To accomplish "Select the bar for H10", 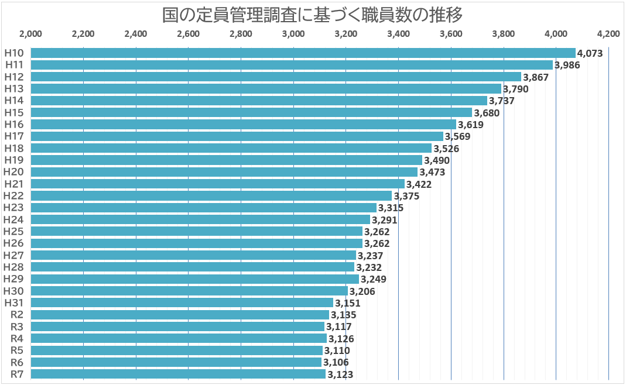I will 303,53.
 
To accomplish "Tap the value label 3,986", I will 567,65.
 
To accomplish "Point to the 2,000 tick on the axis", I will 30,33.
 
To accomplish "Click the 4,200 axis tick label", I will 608,33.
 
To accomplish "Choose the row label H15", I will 14,112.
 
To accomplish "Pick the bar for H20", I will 224,172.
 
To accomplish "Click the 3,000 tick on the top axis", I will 293,33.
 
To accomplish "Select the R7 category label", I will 17,374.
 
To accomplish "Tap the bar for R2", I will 179,315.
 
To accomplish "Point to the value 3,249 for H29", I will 374,279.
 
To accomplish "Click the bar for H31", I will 182,302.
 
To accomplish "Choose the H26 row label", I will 14,243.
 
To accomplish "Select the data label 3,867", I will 536,77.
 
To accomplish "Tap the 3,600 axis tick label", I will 451,33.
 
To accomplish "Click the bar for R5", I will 176,350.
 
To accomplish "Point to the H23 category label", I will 14,208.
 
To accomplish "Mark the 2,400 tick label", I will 136,33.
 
